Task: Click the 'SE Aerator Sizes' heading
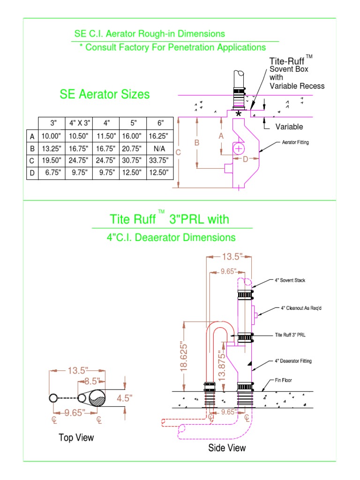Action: click(x=105, y=94)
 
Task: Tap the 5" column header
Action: click(x=133, y=124)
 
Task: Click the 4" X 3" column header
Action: click(x=79, y=124)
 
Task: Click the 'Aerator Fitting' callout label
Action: click(x=295, y=142)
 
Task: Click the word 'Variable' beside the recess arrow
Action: click(x=289, y=127)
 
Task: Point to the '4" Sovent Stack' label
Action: click(x=290, y=281)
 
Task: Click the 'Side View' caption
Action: click(x=227, y=448)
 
